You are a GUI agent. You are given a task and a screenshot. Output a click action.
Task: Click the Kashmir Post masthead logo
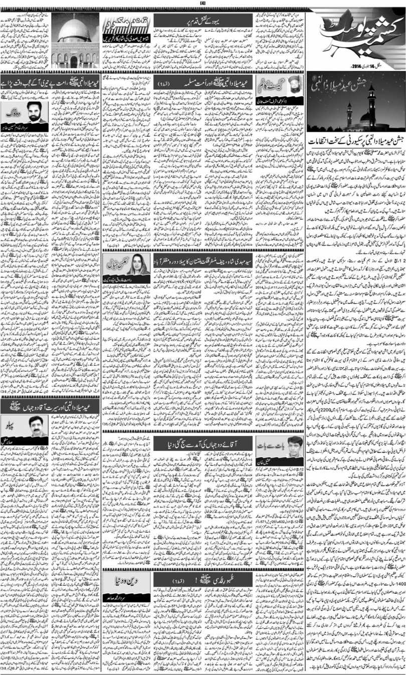(356, 35)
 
